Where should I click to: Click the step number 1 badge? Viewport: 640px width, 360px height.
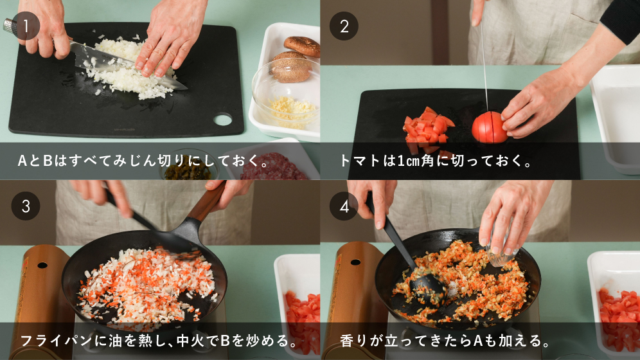(26, 26)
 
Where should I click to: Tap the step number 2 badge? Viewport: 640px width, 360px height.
(344, 26)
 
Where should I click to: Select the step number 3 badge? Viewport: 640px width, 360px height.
(26, 206)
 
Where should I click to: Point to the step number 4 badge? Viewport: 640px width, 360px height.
(344, 206)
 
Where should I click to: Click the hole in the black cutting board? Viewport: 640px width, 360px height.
(223, 120)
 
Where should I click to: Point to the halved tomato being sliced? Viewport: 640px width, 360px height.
(490, 127)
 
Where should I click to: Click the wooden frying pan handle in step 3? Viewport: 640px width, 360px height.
(208, 203)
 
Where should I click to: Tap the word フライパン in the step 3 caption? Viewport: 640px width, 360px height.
(56, 341)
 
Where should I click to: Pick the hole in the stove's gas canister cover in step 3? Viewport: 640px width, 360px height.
(42, 265)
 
